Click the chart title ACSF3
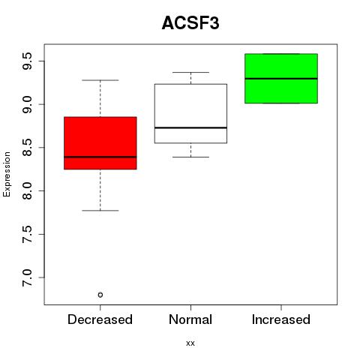(190, 23)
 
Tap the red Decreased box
(100, 143)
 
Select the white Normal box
(190, 113)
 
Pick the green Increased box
(281, 78)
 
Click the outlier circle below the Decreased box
(100, 295)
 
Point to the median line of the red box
(100, 157)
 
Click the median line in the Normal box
(190, 127)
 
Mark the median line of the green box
(281, 79)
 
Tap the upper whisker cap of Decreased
(100, 80)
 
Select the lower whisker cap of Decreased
(100, 211)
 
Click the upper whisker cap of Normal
(190, 72)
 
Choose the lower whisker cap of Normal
(190, 157)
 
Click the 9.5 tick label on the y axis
(27, 61)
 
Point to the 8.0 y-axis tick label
(27, 190)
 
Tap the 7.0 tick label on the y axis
(27, 277)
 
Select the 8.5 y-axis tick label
(27, 148)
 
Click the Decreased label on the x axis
(100, 319)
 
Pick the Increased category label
(281, 319)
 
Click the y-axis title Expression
(7, 174)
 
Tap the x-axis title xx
(190, 343)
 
